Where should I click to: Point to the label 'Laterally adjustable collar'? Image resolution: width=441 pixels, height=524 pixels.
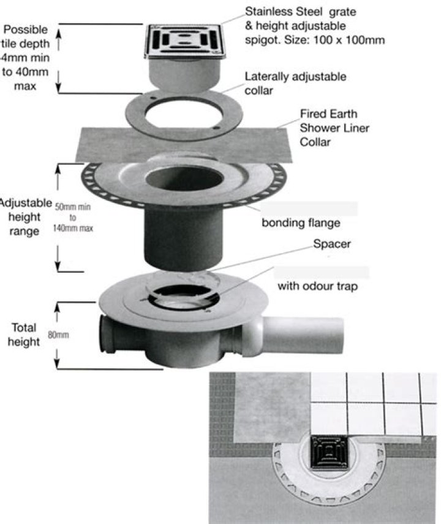click(x=295, y=83)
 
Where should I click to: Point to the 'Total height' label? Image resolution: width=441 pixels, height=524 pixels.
click(x=23, y=334)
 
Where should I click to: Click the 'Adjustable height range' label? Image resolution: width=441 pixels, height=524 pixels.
click(x=23, y=217)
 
